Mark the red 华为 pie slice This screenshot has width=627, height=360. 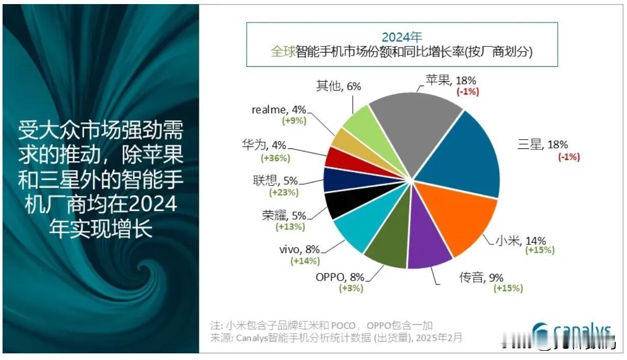(338, 158)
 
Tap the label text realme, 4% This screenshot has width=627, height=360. (279, 109)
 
